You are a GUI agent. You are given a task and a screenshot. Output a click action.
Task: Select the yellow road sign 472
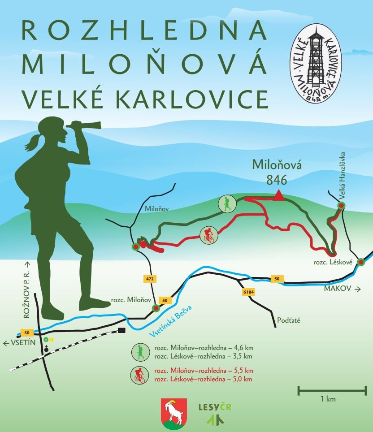point(150,279)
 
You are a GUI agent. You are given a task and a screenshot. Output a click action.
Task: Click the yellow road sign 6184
point(247,292)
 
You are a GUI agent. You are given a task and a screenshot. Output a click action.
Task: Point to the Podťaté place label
point(289,320)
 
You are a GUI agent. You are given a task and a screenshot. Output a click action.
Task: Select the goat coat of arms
point(174,413)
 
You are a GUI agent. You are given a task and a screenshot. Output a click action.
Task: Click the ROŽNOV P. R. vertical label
point(27,290)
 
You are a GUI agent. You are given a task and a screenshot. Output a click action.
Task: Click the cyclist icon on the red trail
point(208,234)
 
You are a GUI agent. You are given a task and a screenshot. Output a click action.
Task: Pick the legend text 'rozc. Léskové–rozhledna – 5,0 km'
point(203,379)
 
